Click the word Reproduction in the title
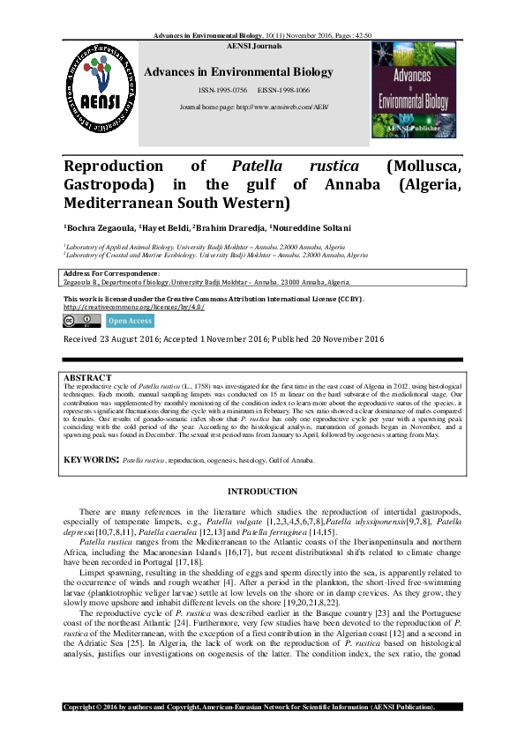coord(114,167)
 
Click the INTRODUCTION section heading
coord(263,491)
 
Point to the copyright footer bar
coord(262,708)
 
